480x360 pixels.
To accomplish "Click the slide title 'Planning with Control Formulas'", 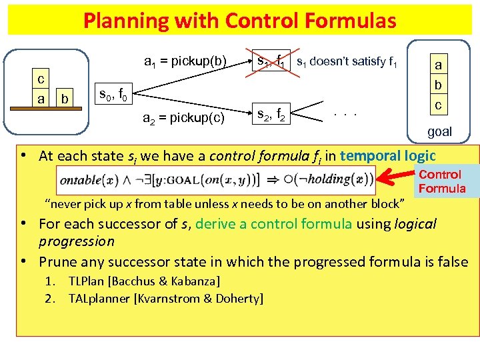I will coord(240,20).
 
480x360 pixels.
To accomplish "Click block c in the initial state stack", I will coord(41,79).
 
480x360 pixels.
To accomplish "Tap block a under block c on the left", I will coord(41,99).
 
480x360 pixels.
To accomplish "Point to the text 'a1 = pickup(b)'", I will coord(186,63).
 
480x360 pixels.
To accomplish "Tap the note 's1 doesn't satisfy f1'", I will coord(347,63).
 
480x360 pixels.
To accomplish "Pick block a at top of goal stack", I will coord(439,66).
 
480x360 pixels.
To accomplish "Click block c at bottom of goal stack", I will coord(439,105).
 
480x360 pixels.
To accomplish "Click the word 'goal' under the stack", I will coord(439,131).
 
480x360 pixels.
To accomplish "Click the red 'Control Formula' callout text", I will coord(442,181).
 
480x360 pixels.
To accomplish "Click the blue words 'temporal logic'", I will coord(389,156).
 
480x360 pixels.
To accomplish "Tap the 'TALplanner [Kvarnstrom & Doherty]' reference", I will coord(165,298).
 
